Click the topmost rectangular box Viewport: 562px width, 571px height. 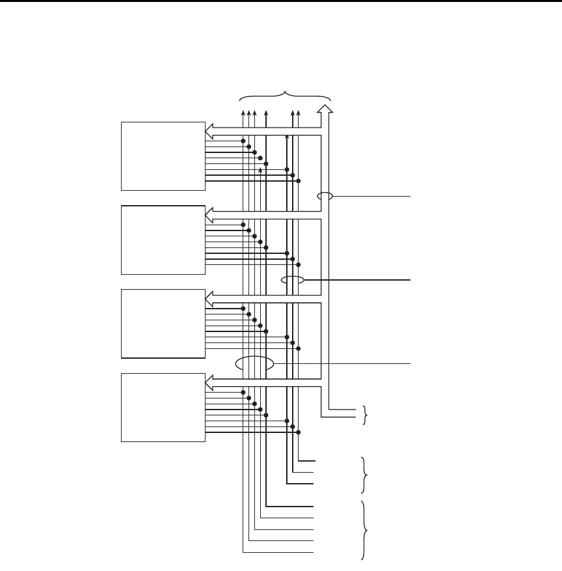click(163, 156)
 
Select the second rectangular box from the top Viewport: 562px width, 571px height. click(163, 239)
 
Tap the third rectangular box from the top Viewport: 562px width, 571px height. click(163, 323)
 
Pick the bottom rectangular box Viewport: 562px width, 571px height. click(163, 407)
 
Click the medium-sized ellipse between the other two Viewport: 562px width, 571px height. click(293, 281)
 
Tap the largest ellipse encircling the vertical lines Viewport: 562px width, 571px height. click(255, 364)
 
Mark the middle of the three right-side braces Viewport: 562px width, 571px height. click(364, 475)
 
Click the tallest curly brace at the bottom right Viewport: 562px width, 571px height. click(366, 530)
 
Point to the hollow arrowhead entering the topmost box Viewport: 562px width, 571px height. click(210, 128)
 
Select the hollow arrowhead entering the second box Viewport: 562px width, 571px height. click(210, 212)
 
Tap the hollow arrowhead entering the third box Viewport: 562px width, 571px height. click(210, 296)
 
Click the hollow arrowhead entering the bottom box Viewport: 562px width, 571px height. click(210, 380)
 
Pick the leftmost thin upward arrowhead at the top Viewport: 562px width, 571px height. click(243, 113)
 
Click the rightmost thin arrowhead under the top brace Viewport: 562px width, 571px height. click(298, 113)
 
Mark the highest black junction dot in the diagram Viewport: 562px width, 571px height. click(243, 141)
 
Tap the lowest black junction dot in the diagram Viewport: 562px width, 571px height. click(299, 432)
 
